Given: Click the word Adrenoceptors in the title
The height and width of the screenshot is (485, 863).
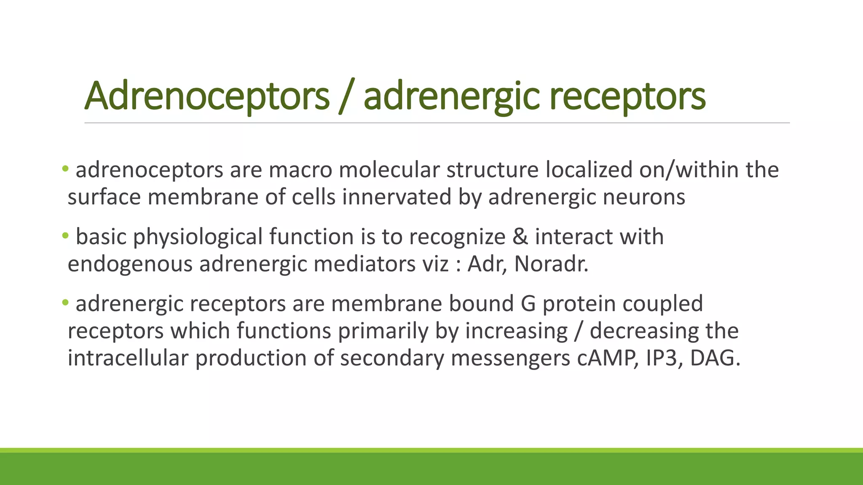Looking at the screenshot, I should coord(206,96).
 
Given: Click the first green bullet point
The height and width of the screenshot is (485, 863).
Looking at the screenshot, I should coord(65,169).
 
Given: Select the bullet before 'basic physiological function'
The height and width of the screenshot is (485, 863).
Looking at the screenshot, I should coord(65,236).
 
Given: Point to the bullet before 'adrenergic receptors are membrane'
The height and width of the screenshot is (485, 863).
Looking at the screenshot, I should coord(65,303).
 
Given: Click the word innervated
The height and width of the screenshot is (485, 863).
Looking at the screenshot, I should coord(397,197).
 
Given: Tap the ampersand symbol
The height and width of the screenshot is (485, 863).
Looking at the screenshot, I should coord(520,237).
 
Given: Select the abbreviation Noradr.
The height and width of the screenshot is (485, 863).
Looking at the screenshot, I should coord(551,264).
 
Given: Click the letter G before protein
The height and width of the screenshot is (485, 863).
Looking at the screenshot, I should coord(528,304).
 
